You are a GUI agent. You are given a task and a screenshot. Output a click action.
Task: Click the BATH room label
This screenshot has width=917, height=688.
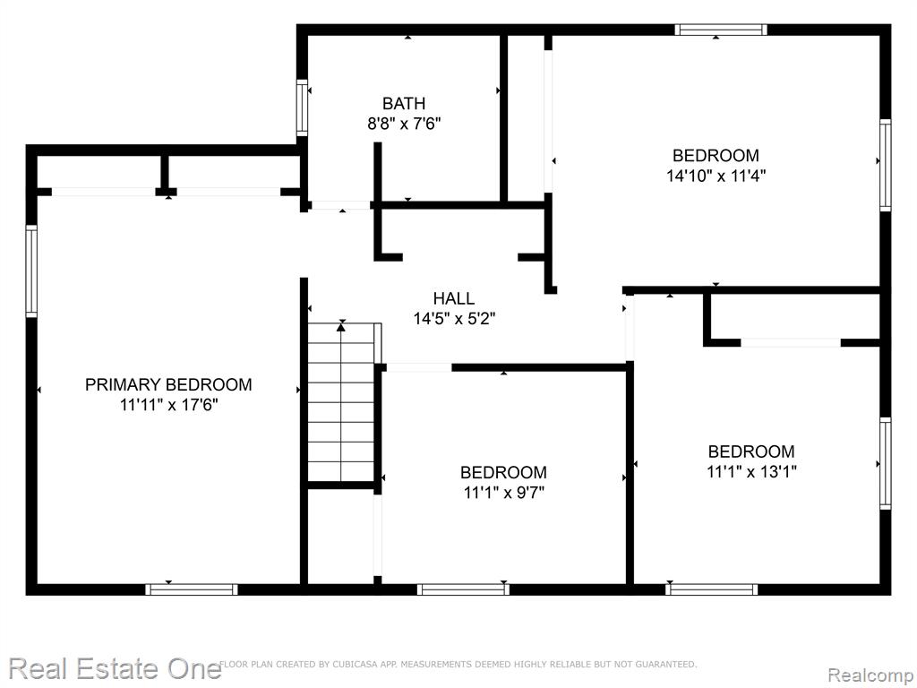tap(404, 104)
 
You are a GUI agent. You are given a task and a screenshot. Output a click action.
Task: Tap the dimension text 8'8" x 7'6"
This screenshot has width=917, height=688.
tap(404, 124)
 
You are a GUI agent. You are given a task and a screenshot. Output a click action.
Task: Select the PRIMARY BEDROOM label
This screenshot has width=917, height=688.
tap(168, 384)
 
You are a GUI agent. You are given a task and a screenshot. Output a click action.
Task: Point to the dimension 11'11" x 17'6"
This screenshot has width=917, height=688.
tap(168, 404)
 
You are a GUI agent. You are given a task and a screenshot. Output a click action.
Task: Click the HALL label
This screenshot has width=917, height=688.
tap(454, 298)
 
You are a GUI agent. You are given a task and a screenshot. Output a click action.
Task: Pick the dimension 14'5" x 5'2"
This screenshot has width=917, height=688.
tap(454, 319)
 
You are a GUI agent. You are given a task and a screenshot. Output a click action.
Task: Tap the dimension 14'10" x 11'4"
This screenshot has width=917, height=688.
tap(716, 175)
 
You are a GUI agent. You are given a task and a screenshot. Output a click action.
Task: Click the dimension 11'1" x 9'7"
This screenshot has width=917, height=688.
tap(503, 493)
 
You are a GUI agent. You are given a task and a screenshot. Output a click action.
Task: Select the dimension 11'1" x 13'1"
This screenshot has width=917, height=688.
tap(751, 471)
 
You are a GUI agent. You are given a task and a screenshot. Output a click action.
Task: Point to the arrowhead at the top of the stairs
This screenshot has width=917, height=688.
tap(341, 326)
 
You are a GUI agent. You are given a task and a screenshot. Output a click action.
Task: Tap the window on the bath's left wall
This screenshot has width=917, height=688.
tap(302, 107)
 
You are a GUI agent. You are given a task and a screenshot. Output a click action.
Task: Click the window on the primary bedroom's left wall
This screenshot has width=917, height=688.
tap(31, 271)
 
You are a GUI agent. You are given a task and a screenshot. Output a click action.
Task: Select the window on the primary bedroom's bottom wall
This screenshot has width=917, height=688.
tap(192, 589)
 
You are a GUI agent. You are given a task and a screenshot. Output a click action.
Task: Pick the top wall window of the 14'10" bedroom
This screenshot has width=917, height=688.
tap(721, 30)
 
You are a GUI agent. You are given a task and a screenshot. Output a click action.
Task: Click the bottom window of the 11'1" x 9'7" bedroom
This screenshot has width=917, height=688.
tap(463, 589)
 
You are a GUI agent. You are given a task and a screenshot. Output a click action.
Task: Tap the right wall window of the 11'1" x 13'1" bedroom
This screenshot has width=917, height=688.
tap(886, 463)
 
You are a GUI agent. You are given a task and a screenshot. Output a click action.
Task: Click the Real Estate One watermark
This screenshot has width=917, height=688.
tap(115, 668)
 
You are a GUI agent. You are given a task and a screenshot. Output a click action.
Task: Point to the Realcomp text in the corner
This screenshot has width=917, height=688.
tap(870, 675)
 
